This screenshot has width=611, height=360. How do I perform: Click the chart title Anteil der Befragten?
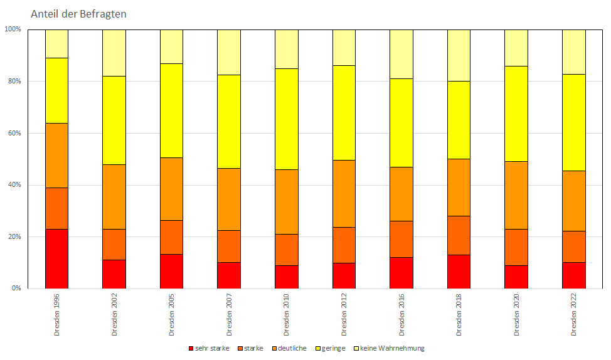click(x=78, y=14)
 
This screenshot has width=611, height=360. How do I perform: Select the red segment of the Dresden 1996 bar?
click(x=56, y=258)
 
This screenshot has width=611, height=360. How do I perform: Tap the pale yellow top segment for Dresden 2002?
click(x=114, y=53)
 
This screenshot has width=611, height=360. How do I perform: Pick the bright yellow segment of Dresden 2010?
click(x=287, y=119)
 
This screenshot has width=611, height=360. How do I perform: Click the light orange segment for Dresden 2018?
click(x=459, y=187)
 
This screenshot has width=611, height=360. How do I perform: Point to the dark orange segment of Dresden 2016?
click(x=401, y=239)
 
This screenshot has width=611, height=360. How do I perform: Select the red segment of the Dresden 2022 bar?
click(x=573, y=275)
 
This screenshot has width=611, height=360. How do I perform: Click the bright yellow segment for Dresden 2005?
click(x=171, y=110)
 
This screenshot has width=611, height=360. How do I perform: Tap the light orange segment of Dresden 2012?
click(x=344, y=193)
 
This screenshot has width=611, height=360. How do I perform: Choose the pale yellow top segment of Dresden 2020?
click(x=516, y=48)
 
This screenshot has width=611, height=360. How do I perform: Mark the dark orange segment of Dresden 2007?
click(x=229, y=246)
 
